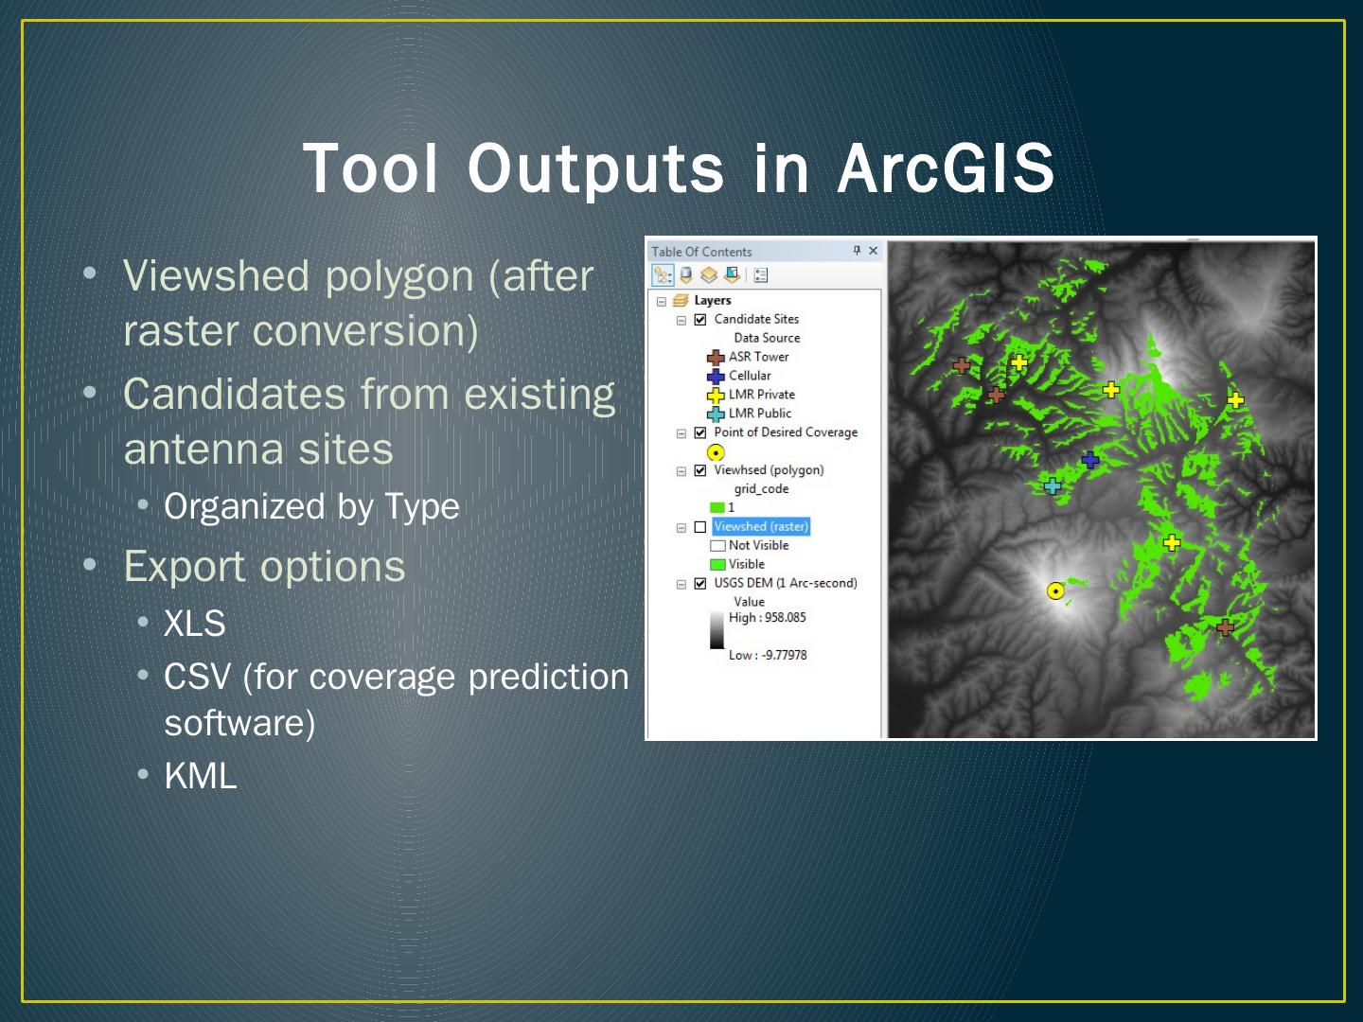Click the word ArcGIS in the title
(x=946, y=168)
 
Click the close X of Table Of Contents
(x=873, y=250)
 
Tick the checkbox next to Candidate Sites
(x=700, y=320)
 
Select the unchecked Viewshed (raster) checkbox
(x=700, y=527)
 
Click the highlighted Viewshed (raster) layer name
(x=761, y=526)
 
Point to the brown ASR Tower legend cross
(x=716, y=358)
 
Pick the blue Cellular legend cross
(x=716, y=376)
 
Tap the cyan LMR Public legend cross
(x=716, y=414)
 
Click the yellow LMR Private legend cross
(x=716, y=396)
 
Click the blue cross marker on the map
(x=1090, y=460)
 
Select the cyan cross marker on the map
(x=1052, y=485)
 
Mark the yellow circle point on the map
(x=1055, y=590)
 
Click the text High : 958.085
(x=767, y=617)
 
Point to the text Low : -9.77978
(x=768, y=655)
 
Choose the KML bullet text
(x=200, y=776)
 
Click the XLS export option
(x=194, y=623)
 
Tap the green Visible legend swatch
(x=717, y=565)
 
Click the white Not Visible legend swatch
(x=717, y=546)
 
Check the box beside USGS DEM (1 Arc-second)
(x=700, y=583)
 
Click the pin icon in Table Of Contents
(x=857, y=250)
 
